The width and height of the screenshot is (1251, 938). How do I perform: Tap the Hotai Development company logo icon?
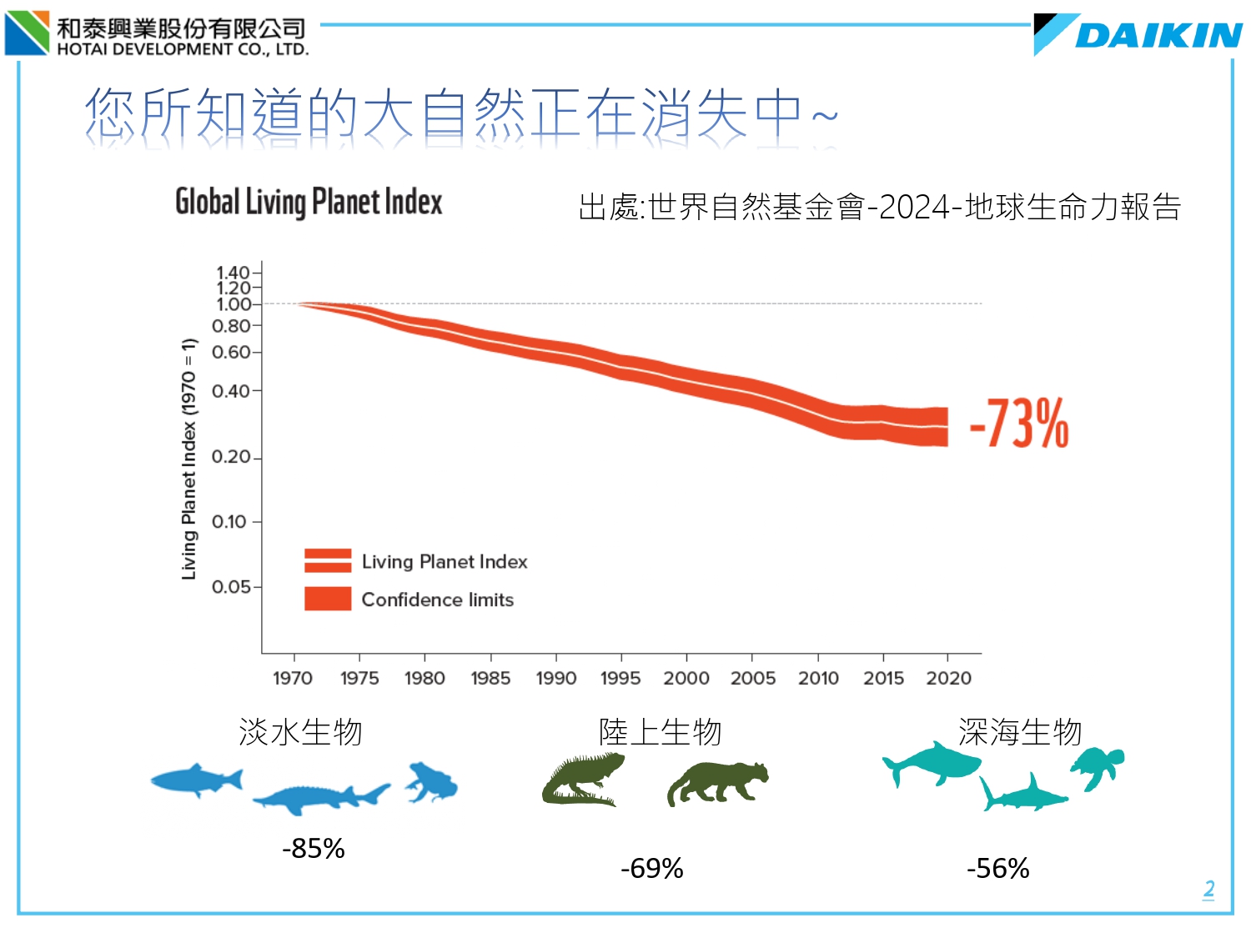(x=28, y=33)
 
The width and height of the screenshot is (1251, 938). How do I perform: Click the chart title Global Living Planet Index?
(x=309, y=202)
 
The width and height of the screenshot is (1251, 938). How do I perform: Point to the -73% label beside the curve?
(x=1019, y=424)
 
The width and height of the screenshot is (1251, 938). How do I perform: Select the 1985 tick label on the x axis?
(x=490, y=678)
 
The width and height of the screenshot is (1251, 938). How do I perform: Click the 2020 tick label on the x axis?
(x=948, y=678)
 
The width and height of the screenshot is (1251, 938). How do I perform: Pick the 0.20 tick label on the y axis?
(x=231, y=457)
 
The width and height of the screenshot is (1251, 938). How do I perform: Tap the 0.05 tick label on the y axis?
(x=231, y=587)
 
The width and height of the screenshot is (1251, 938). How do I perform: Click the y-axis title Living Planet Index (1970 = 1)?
(x=189, y=459)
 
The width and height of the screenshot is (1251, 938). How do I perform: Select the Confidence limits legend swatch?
(x=328, y=599)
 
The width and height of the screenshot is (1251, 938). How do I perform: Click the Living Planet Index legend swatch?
(x=328, y=561)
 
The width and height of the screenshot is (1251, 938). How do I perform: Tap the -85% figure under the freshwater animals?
(x=314, y=849)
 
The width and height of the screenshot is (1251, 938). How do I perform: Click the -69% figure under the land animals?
(x=651, y=869)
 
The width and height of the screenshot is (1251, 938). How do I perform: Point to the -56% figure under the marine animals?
(x=997, y=869)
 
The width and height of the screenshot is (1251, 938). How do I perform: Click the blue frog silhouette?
(x=432, y=782)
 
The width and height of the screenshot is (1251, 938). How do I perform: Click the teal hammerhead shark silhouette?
(x=1022, y=795)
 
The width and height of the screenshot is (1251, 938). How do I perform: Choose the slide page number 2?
(x=1208, y=889)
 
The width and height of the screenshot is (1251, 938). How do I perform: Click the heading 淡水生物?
(x=300, y=732)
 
